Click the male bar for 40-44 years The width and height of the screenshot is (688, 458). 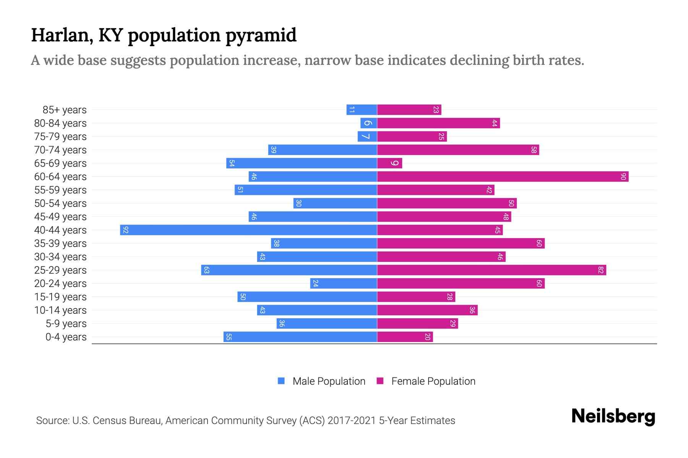(248, 230)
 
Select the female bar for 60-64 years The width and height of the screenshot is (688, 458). (503, 176)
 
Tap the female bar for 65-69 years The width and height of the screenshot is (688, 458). (389, 163)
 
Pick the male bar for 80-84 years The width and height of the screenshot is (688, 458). (368, 123)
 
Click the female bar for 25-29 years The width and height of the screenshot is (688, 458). (492, 270)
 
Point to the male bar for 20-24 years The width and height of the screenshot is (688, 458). (344, 283)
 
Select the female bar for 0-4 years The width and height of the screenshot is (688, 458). (405, 337)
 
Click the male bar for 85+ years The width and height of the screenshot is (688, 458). (362, 110)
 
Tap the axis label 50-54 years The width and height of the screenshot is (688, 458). (60, 203)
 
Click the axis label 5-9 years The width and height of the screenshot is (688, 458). (66, 324)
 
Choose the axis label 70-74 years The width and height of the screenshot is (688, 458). (60, 150)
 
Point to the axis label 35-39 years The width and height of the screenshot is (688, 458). (60, 244)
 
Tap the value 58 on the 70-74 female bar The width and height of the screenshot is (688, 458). (534, 150)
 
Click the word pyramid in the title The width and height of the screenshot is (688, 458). (261, 35)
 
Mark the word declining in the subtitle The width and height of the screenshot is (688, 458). (478, 60)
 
